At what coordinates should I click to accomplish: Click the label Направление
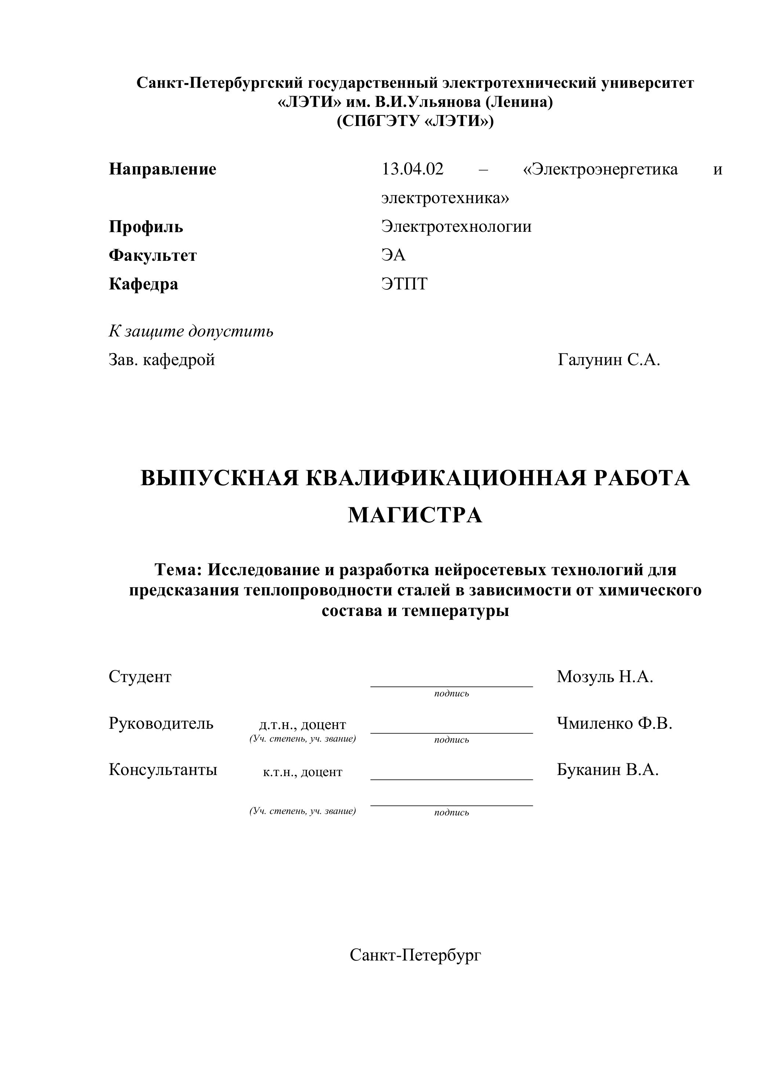(163, 169)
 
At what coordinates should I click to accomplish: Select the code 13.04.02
(412, 169)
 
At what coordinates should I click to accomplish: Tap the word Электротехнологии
(456, 227)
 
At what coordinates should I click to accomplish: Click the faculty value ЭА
(393, 255)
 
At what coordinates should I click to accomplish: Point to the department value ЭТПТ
(404, 284)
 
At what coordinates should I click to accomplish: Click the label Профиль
(146, 227)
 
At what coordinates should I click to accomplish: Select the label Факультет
(153, 255)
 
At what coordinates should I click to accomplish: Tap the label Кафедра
(144, 284)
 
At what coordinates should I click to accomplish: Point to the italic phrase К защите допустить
(191, 331)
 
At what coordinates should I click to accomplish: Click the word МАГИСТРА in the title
(415, 515)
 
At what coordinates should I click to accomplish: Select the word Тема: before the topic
(178, 570)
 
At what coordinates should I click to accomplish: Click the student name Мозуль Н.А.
(605, 677)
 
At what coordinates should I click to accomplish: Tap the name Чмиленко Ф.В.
(614, 724)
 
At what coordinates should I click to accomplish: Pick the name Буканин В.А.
(607, 770)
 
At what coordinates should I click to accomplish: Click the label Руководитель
(161, 724)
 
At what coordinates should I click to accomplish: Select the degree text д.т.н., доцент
(302, 725)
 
